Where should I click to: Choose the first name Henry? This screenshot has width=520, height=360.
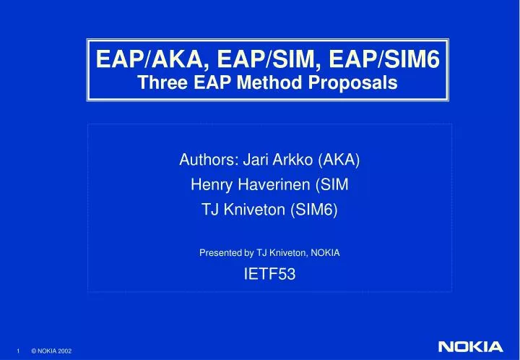208,186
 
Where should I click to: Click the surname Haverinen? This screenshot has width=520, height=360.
270,186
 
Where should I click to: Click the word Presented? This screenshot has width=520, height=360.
220,253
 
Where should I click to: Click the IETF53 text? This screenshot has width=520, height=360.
269,274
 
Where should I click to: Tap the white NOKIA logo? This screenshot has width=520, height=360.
469,347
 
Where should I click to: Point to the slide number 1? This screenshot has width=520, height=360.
18,351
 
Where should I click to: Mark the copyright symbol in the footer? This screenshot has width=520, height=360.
33,351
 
